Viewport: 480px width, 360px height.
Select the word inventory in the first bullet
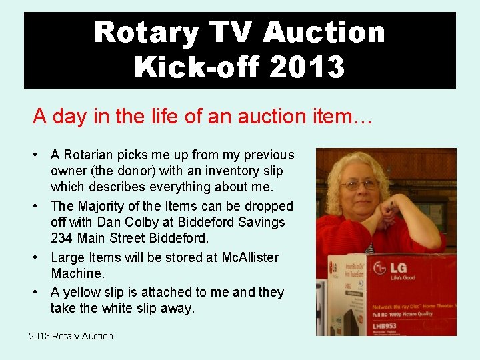click(x=208, y=171)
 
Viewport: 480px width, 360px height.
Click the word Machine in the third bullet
click(x=76, y=274)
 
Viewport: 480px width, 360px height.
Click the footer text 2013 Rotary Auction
click(x=71, y=336)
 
